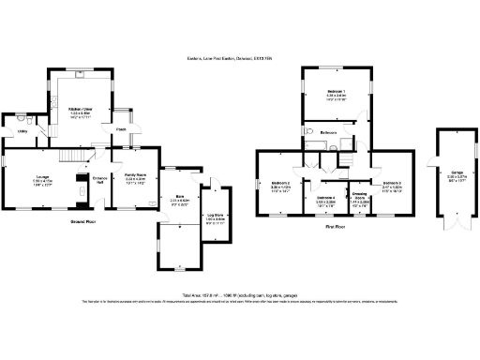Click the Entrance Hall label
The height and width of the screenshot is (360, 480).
98,179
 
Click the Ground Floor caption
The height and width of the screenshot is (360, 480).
85,221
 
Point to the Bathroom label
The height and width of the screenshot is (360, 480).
328,133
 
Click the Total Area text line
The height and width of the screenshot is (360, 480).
239,293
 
